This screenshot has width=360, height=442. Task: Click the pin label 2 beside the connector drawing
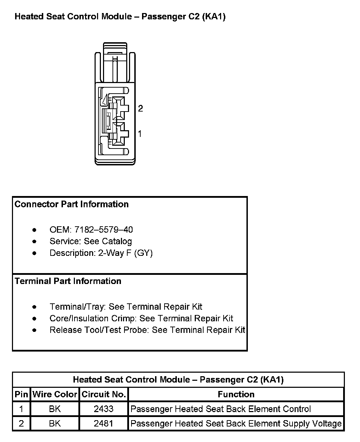tap(141, 108)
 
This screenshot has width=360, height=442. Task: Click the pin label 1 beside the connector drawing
tap(140, 134)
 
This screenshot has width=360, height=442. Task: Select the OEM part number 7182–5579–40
tap(104, 230)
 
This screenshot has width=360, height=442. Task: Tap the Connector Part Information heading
tap(72, 204)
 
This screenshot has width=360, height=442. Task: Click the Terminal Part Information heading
tap(68, 281)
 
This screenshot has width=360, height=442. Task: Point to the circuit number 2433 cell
tap(104, 409)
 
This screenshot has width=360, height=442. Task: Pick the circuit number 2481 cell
tap(104, 423)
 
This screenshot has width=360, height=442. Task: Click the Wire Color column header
tap(55, 394)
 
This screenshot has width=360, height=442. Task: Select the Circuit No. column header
tap(104, 394)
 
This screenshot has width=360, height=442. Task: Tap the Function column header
tap(236, 394)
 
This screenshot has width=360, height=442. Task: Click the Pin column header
tap(21, 394)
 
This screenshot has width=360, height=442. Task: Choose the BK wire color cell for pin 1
tap(55, 409)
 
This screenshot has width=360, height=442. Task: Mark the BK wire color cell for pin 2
tap(55, 423)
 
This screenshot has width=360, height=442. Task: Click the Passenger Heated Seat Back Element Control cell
tap(220, 409)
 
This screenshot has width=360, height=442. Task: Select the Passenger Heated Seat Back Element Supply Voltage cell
tap(236, 423)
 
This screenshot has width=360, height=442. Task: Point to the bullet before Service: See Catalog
tap(34, 242)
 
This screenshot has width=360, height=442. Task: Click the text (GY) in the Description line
tap(143, 253)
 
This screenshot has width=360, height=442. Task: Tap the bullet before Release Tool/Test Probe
tap(34, 330)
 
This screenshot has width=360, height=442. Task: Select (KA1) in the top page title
tap(213, 17)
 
